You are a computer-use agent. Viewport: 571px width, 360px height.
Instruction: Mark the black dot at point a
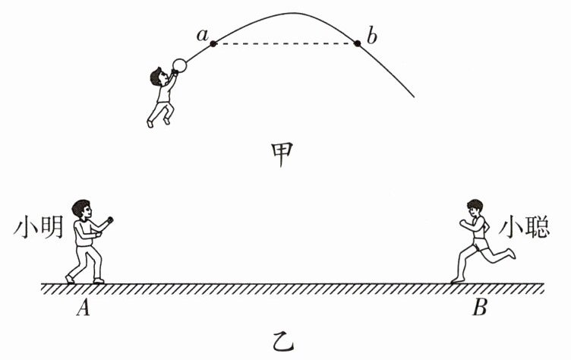(213, 43)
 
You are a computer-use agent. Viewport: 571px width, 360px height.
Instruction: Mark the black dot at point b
(358, 43)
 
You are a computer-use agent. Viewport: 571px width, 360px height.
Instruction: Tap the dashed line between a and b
(285, 43)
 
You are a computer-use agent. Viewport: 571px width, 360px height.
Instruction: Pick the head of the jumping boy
(159, 76)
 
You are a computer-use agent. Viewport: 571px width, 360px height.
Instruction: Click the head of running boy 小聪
(476, 207)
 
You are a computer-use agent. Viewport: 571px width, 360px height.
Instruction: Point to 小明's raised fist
(111, 221)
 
